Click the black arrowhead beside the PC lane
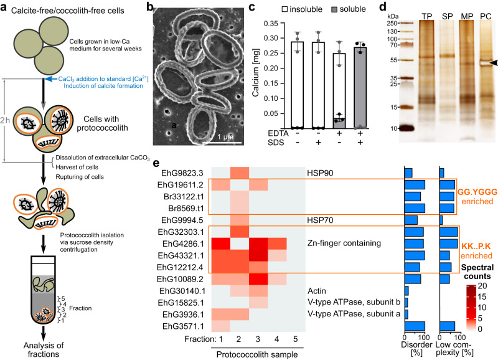[493, 62]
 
